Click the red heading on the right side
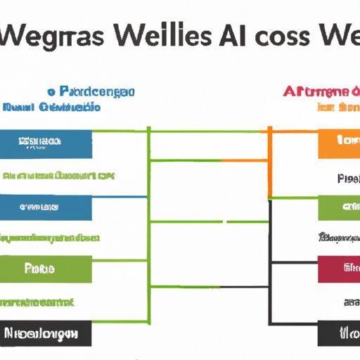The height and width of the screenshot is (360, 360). click(316, 91)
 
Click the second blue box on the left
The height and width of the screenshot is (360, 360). click(46, 208)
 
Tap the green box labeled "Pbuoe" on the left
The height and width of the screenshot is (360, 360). click(46, 269)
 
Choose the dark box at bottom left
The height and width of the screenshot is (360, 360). click(46, 333)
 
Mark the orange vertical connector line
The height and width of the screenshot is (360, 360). click(269, 162)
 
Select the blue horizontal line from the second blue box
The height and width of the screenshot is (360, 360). click(120, 198)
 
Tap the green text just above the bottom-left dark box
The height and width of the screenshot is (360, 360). click(39, 302)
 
